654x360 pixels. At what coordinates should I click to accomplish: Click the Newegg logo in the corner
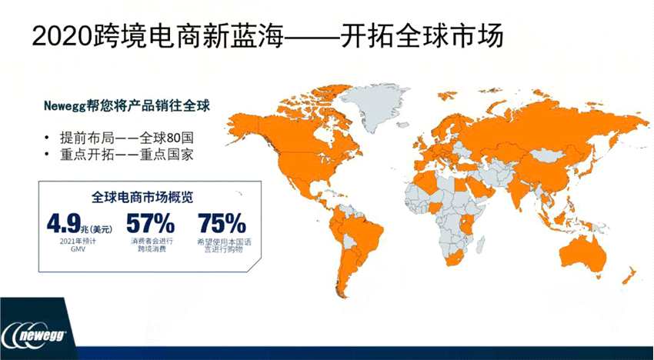pyautogui.click(x=38, y=337)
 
